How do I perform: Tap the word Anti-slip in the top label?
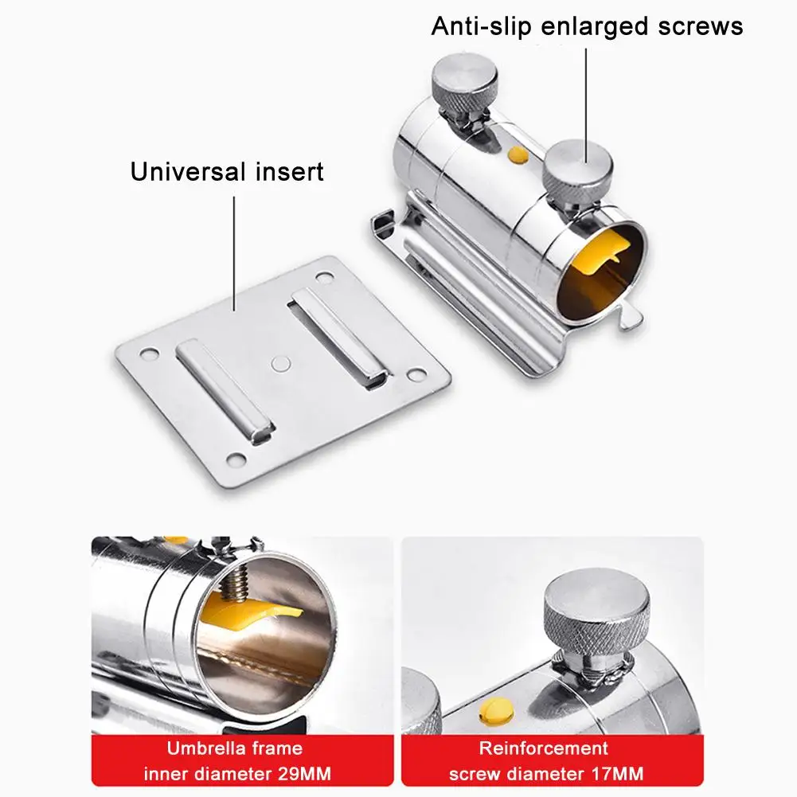click(x=481, y=26)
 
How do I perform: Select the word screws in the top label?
click(x=701, y=26)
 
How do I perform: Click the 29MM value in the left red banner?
click(x=304, y=774)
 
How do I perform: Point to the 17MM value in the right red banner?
click(x=617, y=774)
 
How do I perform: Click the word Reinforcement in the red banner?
click(x=543, y=748)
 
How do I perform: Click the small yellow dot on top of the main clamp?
click(x=518, y=154)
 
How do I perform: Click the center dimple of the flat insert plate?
click(x=280, y=363)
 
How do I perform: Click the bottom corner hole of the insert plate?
click(x=236, y=460)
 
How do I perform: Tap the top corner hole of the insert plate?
click(x=324, y=277)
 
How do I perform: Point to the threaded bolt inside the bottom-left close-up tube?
click(x=235, y=583)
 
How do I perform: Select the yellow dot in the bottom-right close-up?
click(x=495, y=711)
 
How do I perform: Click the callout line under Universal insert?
click(x=234, y=253)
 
